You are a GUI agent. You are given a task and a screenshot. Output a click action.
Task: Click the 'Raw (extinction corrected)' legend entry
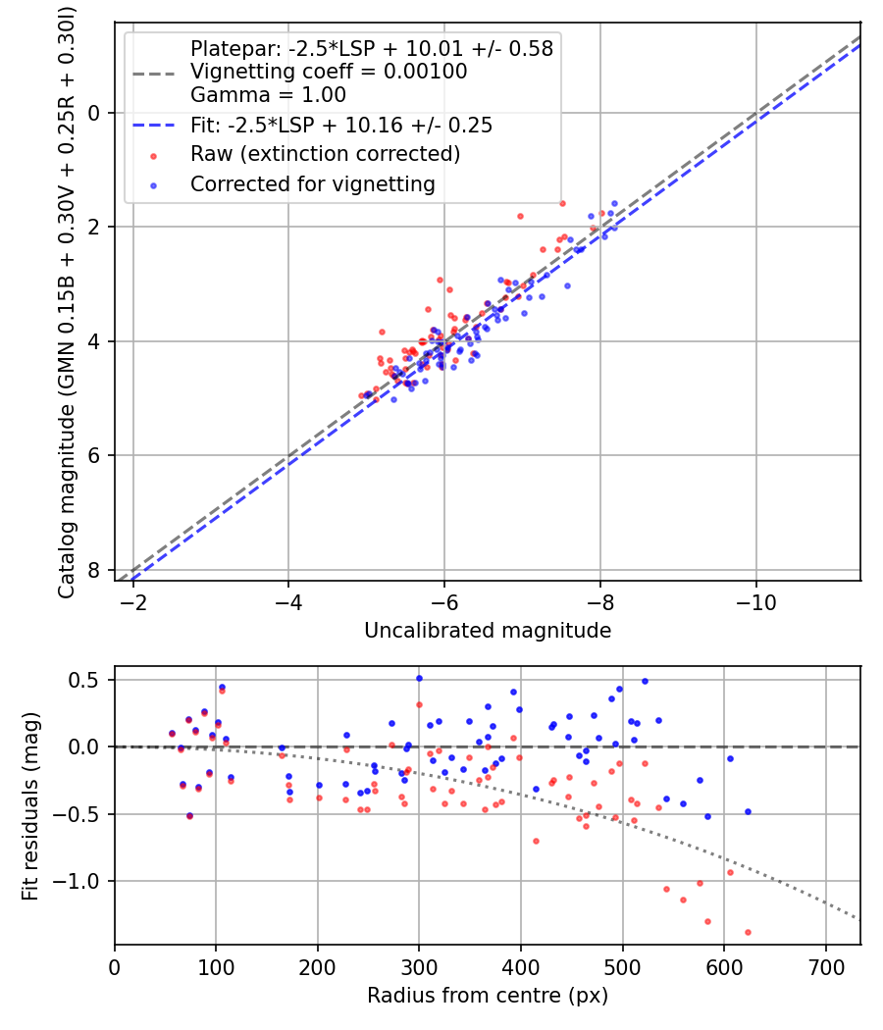tap(325, 154)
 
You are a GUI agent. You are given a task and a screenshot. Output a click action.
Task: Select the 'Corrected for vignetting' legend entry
tap(312, 183)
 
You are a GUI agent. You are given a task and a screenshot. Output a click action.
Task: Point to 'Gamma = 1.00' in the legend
tap(268, 95)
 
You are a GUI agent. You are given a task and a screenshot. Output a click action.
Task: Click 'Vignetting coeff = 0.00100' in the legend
tap(329, 72)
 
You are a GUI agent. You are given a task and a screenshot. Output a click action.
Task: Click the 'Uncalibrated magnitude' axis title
tap(488, 631)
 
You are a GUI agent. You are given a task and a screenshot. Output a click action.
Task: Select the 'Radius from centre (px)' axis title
tap(488, 996)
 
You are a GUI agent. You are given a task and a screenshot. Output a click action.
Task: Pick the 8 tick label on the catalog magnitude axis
tap(95, 570)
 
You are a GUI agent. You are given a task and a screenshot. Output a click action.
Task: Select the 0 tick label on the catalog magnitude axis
tap(95, 113)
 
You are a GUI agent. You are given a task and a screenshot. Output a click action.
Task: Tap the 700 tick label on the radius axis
tap(825, 965)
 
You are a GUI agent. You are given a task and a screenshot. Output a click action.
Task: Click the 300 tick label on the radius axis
tap(419, 965)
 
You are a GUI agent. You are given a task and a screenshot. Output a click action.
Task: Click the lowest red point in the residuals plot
tap(748, 932)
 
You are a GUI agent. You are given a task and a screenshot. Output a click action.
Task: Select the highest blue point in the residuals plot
tap(419, 678)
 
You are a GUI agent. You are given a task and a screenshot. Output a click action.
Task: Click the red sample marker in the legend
tap(152, 155)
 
